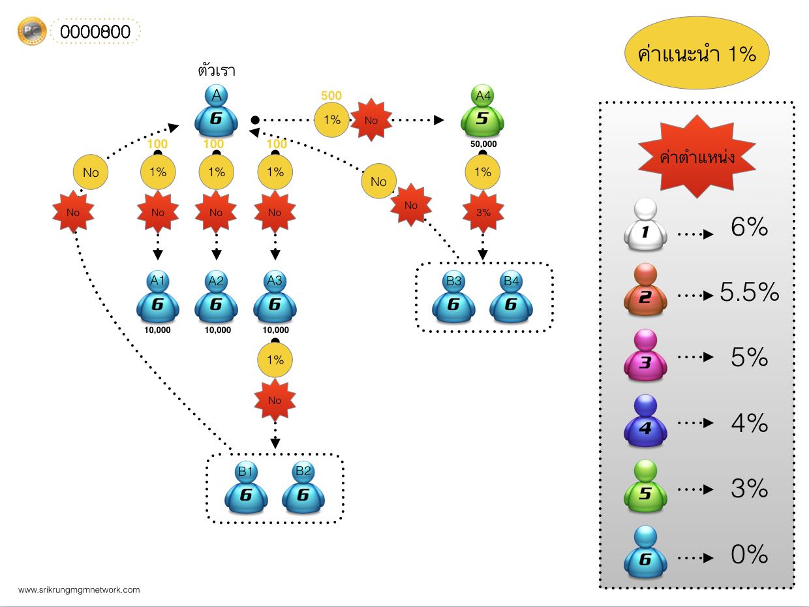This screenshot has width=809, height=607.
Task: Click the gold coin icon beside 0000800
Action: tap(32, 31)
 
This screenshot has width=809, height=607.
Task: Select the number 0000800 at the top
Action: tap(95, 32)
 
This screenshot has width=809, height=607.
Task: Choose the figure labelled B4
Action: tap(511, 297)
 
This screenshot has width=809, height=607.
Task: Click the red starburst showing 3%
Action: tap(483, 212)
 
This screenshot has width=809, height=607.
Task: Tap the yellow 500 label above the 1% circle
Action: tap(331, 95)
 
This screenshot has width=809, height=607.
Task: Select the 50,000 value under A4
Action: tap(483, 144)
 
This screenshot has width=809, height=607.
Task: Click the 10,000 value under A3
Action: tap(276, 330)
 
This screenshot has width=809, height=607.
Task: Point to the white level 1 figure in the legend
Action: tap(645, 225)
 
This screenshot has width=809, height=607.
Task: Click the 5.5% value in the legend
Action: tap(749, 292)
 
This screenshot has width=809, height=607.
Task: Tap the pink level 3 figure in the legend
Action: tap(645, 355)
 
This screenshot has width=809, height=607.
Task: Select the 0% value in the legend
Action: tap(749, 554)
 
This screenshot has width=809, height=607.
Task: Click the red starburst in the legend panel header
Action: tap(697, 157)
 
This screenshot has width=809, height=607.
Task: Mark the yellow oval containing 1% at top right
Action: tap(697, 53)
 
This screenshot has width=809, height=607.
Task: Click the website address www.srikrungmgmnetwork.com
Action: tap(79, 589)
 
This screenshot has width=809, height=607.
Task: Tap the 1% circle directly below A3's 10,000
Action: tap(275, 360)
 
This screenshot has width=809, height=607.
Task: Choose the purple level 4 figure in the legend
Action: tap(645, 420)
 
